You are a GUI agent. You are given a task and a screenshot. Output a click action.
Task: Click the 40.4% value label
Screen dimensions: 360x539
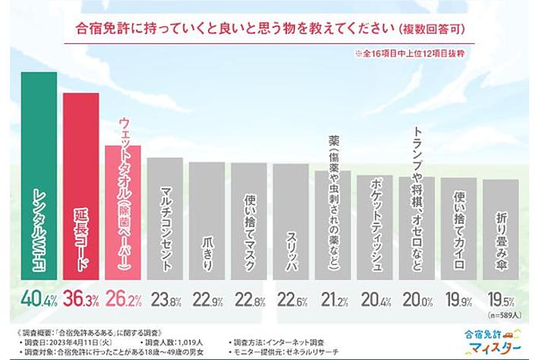pyautogui.click(x=37, y=297)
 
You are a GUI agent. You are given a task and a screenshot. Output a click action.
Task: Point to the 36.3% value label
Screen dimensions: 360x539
pyautogui.click(x=80, y=297)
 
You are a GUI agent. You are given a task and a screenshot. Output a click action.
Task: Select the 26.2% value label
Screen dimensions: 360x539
pyautogui.click(x=122, y=297)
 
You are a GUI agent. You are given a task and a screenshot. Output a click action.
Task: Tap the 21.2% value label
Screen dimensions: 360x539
pyautogui.click(x=333, y=298)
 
